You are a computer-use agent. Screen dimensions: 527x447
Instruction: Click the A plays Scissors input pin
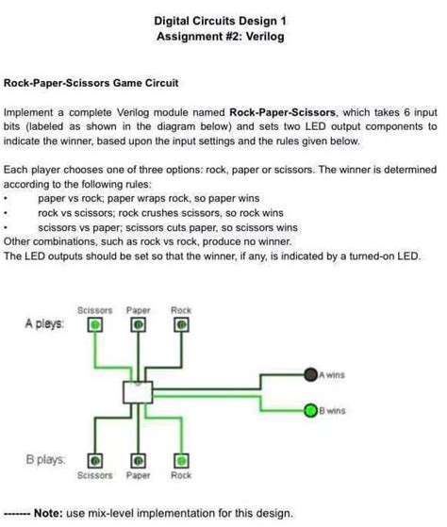pyautogui.click(x=95, y=324)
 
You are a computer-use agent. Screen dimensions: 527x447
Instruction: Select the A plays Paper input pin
pyautogui.click(x=138, y=324)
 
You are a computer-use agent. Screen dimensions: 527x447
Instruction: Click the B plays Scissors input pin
pyautogui.click(x=95, y=461)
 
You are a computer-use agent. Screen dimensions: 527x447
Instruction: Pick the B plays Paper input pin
pyautogui.click(x=138, y=461)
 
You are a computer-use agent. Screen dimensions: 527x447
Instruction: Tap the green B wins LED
pyautogui.click(x=309, y=411)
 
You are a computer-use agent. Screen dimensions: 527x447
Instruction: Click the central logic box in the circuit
pyautogui.click(x=138, y=393)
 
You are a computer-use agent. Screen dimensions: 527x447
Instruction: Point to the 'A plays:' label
pyautogui.click(x=44, y=323)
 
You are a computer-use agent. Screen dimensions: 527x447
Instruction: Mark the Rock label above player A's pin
pyautogui.click(x=180, y=309)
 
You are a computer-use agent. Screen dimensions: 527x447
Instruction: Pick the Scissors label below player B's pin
pyautogui.click(x=94, y=476)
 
